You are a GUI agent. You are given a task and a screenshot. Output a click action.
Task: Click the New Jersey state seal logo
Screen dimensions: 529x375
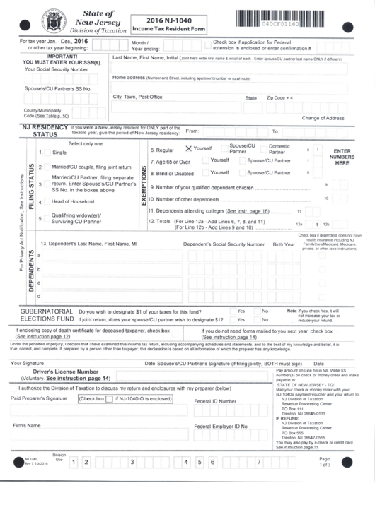[52, 19]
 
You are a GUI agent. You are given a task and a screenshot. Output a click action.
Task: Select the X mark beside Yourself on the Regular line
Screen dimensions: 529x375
[188, 149]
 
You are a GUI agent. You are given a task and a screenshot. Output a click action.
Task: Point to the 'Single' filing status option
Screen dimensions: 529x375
[59, 152]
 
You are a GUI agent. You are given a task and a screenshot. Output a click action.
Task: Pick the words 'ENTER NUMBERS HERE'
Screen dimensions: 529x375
[342, 157]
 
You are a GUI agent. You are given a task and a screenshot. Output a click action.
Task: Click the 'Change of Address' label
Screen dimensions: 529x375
[323, 118]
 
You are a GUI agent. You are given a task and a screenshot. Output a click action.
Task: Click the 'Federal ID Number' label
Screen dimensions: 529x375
[215, 400]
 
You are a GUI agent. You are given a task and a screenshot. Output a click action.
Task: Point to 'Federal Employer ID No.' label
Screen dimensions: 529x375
[221, 427]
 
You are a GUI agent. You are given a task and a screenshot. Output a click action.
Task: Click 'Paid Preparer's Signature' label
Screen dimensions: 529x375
[39, 398]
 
